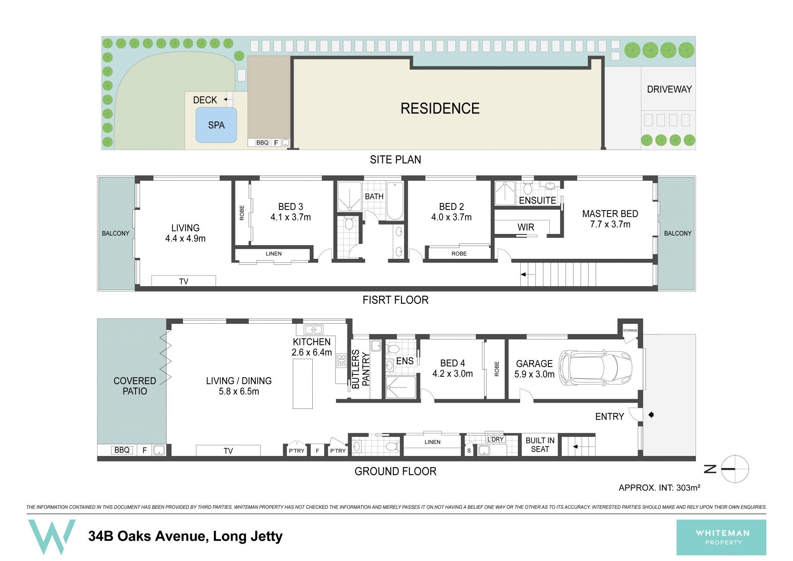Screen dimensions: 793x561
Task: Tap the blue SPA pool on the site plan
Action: tap(216, 125)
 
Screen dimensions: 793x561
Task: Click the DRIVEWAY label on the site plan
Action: tap(669, 89)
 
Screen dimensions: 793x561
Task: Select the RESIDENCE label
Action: tap(440, 108)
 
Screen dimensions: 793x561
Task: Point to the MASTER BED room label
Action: tap(610, 214)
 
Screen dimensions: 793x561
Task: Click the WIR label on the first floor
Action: tap(526, 227)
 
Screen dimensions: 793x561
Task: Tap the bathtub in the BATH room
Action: tap(394, 201)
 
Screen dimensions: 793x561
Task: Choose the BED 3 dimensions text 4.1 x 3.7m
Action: tap(290, 217)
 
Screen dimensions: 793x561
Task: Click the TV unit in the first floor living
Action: tap(183, 281)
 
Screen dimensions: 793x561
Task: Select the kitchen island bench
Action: tap(303, 384)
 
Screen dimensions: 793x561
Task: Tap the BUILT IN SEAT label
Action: tap(540, 445)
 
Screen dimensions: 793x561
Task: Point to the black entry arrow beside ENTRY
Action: tap(651, 415)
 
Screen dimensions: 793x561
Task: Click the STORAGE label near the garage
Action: tap(630, 330)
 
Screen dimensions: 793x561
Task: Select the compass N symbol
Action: tap(710, 469)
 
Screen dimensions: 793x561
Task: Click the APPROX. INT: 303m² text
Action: tap(659, 488)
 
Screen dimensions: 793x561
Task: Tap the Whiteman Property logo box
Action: tap(721, 537)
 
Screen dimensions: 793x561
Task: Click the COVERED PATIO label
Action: tap(135, 386)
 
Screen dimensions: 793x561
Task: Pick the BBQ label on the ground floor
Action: tap(122, 450)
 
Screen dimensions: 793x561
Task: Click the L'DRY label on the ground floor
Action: tap(495, 439)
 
